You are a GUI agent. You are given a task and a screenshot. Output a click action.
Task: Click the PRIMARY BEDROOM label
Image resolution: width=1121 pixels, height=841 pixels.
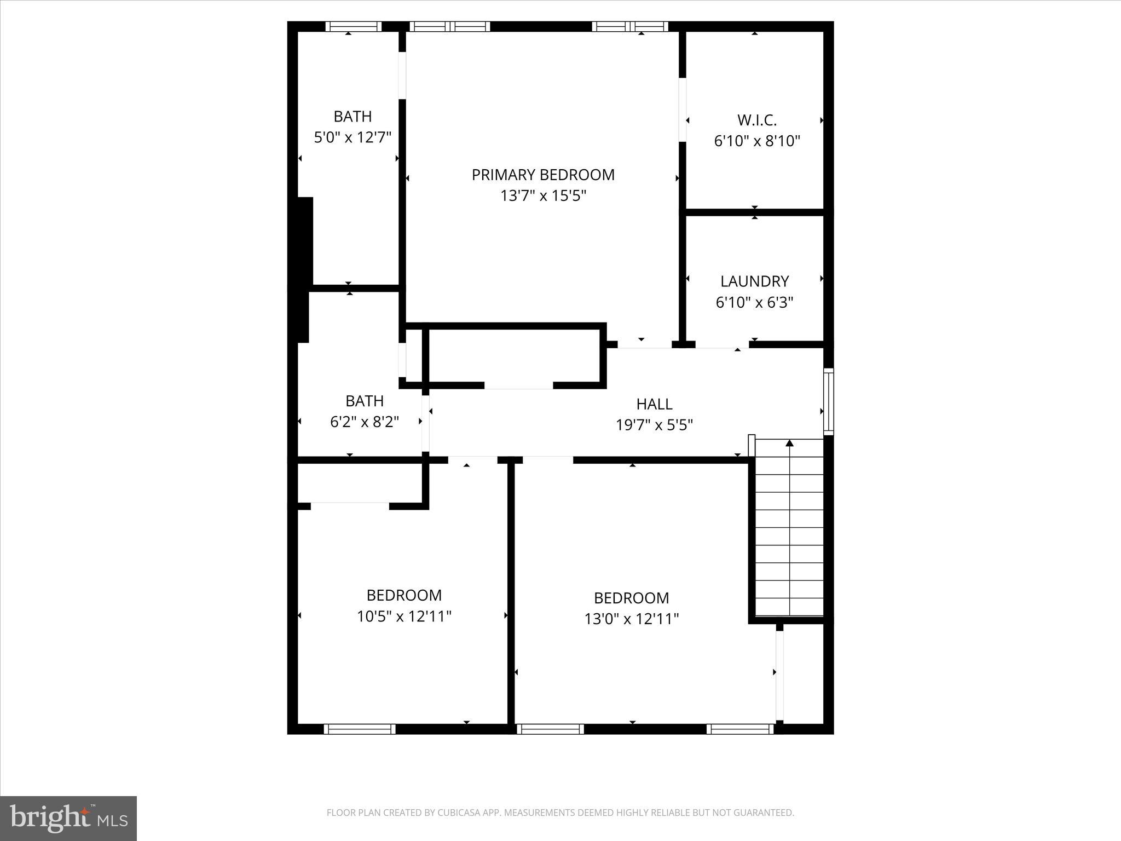(543, 175)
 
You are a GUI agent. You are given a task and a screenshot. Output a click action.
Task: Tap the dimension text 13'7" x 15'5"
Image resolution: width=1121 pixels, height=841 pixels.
(543, 195)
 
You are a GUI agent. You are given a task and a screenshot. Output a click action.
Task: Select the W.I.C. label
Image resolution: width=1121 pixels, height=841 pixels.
(757, 120)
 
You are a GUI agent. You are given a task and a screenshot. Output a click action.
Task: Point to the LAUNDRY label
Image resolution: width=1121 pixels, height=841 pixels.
(754, 281)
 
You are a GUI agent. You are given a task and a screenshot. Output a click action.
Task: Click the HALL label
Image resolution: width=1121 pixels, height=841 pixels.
(654, 404)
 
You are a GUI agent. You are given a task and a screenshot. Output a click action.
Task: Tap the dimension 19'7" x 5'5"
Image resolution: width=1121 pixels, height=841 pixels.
(654, 425)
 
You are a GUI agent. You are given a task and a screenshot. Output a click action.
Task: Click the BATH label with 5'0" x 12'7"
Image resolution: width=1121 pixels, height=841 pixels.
(353, 116)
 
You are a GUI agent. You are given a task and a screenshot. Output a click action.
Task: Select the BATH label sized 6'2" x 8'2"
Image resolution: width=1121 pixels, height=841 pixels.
(365, 401)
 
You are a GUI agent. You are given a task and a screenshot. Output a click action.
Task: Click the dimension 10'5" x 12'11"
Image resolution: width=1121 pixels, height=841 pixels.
(404, 617)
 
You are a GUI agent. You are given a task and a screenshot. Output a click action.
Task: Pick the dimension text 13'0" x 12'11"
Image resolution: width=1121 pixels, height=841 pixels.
(631, 619)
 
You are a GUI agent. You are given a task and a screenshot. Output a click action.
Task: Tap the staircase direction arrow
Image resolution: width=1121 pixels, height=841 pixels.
(789, 443)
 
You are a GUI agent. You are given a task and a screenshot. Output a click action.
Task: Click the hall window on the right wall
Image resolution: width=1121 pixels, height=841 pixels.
(829, 402)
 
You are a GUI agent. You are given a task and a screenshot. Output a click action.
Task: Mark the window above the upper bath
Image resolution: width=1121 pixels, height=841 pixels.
(354, 26)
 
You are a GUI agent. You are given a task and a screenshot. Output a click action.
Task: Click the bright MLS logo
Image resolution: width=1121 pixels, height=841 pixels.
(68, 818)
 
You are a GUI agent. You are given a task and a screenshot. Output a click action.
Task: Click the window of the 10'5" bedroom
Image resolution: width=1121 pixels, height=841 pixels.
(360, 729)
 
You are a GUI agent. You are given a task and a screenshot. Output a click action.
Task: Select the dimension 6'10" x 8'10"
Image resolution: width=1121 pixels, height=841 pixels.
(757, 141)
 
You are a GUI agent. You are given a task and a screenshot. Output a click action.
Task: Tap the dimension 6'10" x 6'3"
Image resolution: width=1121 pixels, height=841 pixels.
(754, 302)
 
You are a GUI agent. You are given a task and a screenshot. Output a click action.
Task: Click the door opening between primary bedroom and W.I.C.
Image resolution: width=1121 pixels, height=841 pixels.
(683, 110)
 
